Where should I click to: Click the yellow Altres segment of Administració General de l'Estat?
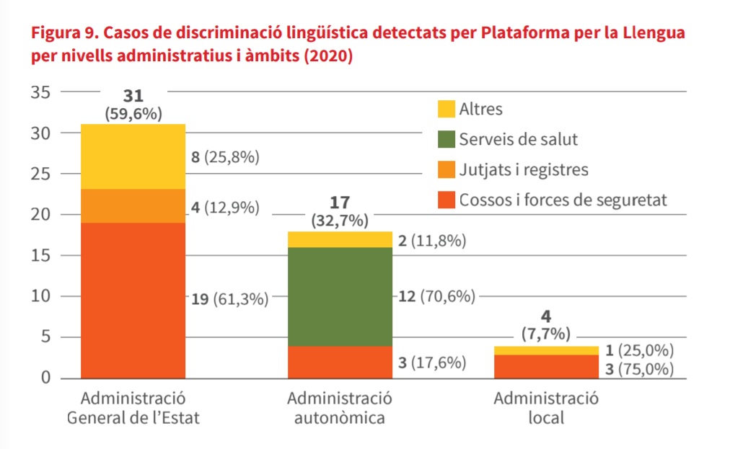133,156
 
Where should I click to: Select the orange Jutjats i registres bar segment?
133,206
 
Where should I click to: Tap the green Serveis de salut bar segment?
340,296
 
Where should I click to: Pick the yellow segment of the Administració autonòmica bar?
340,239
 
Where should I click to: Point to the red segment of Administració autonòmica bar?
340,362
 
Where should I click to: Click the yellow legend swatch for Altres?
446,110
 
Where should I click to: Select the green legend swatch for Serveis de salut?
446,140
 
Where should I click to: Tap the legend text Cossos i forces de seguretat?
563,200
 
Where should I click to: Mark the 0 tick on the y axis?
45,378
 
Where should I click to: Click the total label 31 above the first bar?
133,96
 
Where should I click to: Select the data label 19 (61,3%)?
230,298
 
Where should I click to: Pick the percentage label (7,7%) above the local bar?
546,333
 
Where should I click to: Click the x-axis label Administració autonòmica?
340,408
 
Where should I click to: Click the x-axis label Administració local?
546,408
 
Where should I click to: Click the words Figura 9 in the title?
61,33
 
